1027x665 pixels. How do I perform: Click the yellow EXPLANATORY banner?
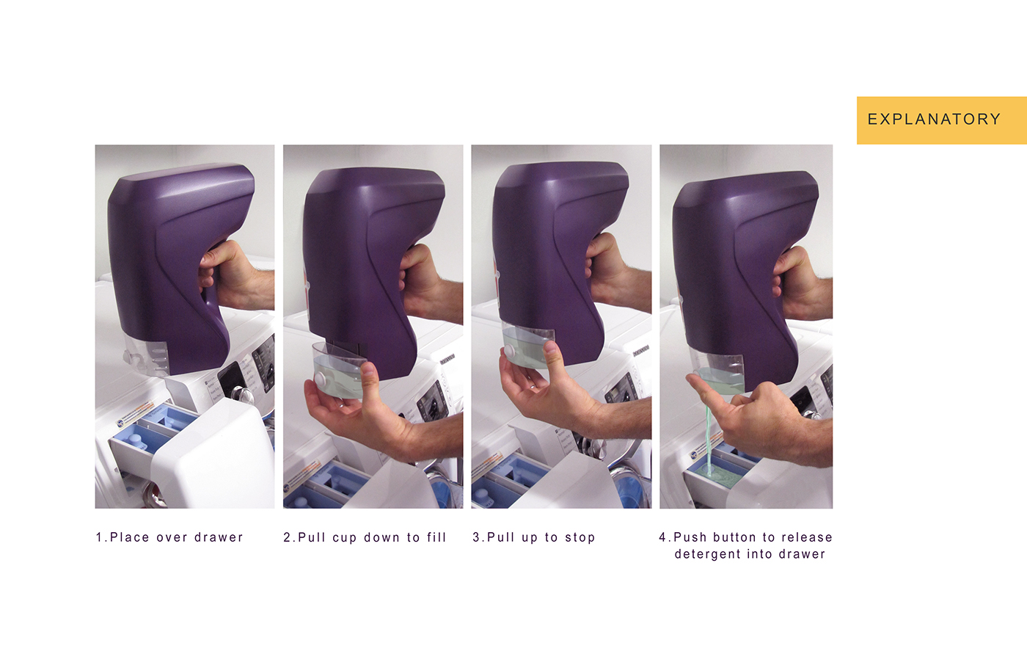point(942,120)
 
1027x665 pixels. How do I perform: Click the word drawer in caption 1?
point(219,537)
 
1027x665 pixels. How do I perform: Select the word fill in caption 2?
point(436,537)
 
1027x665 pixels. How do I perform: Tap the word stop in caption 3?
point(580,537)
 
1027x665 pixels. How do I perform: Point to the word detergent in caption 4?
point(708,554)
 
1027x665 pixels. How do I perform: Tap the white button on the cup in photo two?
point(320,379)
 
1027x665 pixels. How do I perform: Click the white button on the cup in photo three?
point(510,352)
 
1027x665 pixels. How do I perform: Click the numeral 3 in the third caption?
point(476,537)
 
